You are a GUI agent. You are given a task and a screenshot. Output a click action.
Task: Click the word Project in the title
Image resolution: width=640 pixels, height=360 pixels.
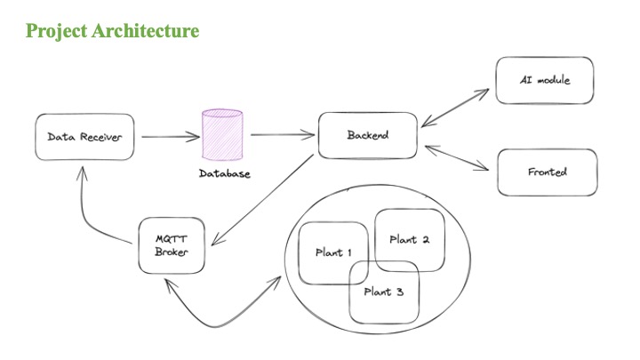(56, 31)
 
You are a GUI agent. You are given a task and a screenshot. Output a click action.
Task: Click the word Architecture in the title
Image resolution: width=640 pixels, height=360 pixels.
(145, 30)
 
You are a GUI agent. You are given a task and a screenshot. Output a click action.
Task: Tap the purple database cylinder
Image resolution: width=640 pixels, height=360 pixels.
(222, 135)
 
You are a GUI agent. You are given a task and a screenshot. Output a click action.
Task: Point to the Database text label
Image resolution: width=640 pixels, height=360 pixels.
(225, 173)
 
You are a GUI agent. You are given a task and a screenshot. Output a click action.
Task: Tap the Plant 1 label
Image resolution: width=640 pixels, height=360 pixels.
(333, 252)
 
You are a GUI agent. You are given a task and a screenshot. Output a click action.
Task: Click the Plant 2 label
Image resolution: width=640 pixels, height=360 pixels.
(410, 240)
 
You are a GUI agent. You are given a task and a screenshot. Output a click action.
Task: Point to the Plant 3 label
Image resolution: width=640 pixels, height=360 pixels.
(384, 292)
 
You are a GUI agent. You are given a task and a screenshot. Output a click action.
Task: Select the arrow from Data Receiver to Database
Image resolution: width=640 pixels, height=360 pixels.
(171, 137)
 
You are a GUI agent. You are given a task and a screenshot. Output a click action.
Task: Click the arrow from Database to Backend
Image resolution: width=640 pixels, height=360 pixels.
(283, 134)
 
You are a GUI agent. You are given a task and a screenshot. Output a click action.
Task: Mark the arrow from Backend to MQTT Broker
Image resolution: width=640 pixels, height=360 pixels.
(262, 200)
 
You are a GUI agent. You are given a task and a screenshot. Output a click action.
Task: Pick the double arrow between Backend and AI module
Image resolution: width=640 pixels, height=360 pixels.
(455, 108)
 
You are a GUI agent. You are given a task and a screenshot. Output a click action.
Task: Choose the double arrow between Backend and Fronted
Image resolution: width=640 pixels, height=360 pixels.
(457, 157)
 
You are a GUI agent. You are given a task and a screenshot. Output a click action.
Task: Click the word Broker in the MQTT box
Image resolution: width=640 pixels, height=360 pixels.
(172, 252)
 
